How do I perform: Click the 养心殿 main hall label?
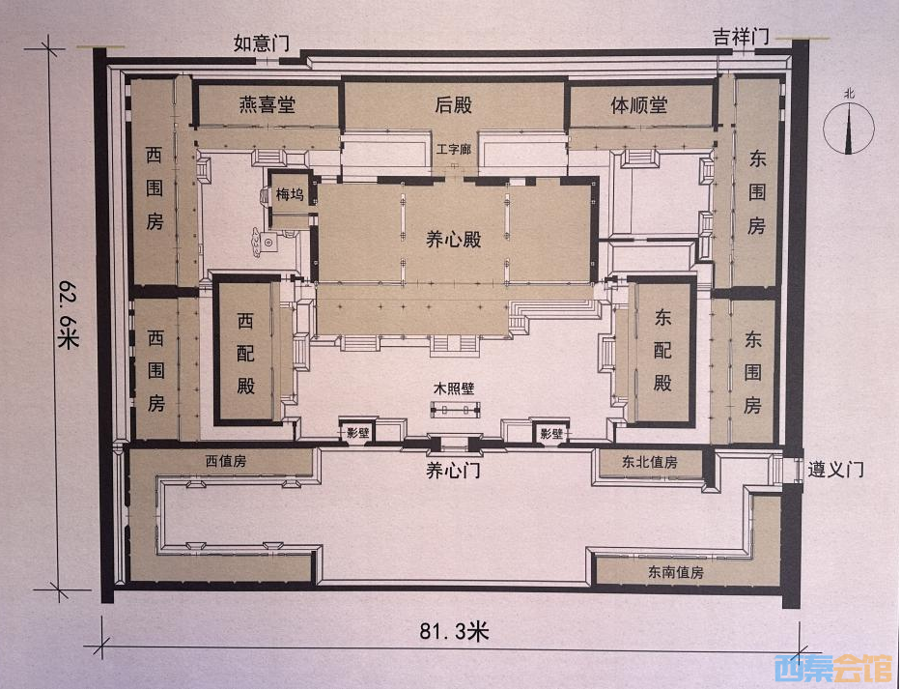pos(453,239)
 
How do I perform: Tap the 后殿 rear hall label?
pos(453,105)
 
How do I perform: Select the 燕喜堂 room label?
pos(267,104)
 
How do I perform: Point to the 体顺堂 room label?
pos(639,105)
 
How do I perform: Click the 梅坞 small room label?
pos(289,194)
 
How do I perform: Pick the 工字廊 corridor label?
pos(453,150)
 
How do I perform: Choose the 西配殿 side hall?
pos(245,353)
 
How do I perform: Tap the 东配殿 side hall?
pos(662,350)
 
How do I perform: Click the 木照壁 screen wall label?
pos(453,388)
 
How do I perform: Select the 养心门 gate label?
pos(453,471)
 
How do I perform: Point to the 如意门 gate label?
pos(261,43)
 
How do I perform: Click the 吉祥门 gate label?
pos(742,38)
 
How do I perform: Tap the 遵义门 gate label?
pos(836,470)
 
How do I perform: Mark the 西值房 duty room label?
pos(226,461)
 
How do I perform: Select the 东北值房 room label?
pos(649,462)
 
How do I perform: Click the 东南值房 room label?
pos(676,572)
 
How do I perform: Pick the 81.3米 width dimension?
pos(454,631)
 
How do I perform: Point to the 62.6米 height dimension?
pos(68,314)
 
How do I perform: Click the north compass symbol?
pos(849,125)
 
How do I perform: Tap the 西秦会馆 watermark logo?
pos(833,669)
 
